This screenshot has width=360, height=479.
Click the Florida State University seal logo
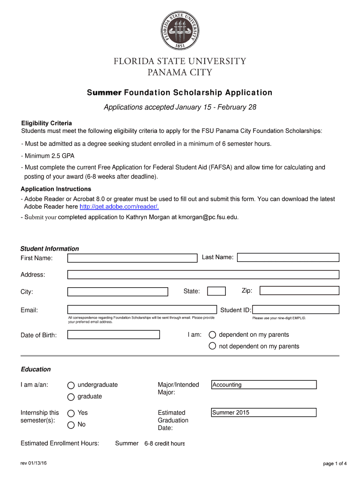[x=180, y=31]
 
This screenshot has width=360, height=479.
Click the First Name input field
[x=132, y=258]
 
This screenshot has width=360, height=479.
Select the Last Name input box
[x=288, y=257]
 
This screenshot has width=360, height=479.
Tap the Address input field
[x=203, y=275]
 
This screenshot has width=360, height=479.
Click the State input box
[x=216, y=291]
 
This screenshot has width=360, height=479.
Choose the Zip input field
[x=299, y=291]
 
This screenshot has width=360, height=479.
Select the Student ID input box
[x=296, y=310]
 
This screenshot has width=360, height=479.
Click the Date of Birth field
[x=114, y=335]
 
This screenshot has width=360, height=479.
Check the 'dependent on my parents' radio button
[x=212, y=335]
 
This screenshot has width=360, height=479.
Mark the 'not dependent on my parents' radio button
[x=212, y=347]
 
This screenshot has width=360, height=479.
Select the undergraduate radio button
[x=71, y=385]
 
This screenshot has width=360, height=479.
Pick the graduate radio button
[x=71, y=397]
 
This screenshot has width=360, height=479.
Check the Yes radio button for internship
[x=71, y=414]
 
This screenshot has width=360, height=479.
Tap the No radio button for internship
[x=71, y=425]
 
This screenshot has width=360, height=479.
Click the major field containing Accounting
[x=264, y=385]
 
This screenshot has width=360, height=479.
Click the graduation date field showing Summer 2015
[x=264, y=413]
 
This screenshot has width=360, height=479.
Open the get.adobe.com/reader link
[x=119, y=207]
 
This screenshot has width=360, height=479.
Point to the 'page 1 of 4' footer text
[x=335, y=464]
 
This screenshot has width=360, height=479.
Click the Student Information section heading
[x=50, y=249]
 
